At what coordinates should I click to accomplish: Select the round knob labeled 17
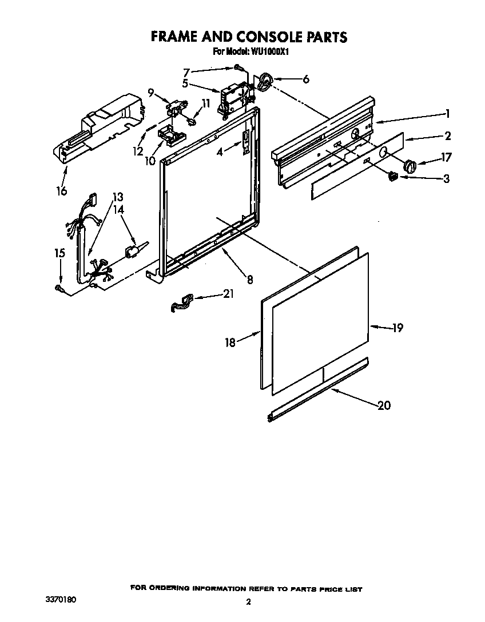click(409, 166)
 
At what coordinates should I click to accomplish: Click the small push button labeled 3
click(392, 177)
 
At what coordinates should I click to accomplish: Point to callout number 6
click(306, 79)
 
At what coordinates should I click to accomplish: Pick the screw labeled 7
click(238, 69)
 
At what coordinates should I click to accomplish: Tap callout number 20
click(384, 405)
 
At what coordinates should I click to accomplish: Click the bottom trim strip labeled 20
click(317, 389)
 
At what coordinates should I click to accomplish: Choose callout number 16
click(62, 190)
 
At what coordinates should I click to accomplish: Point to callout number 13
click(117, 196)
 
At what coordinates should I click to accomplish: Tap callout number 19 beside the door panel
click(397, 328)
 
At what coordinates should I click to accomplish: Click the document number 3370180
click(60, 600)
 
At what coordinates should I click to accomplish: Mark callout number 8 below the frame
click(250, 280)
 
